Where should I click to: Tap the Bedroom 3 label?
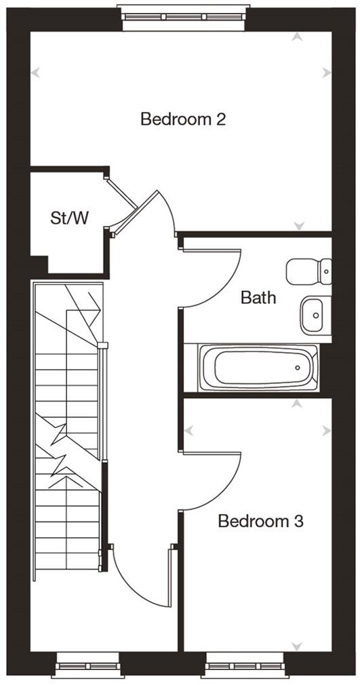(x=260, y=522)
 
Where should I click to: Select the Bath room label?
(x=259, y=296)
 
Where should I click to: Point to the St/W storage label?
(x=70, y=218)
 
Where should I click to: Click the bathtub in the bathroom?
(x=257, y=367)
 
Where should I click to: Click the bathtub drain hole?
(x=298, y=368)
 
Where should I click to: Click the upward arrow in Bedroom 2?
(x=296, y=37)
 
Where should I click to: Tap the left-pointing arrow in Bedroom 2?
(x=35, y=72)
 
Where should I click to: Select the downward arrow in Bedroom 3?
(x=296, y=646)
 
